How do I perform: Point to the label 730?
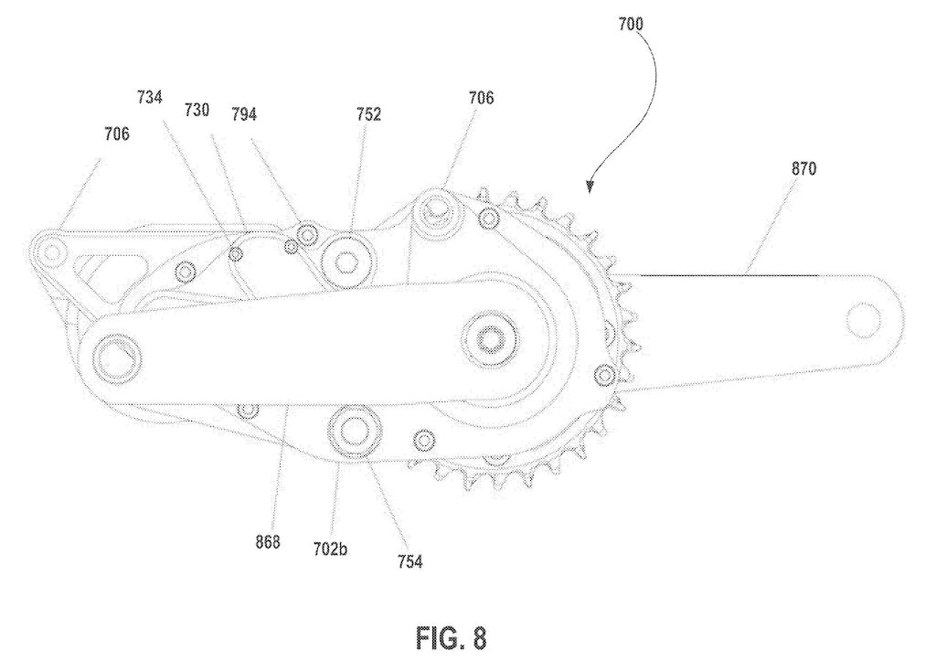197,111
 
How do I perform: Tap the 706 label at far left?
116,133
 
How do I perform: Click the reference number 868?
267,540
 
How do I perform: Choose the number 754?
409,561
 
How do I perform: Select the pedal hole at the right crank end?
865,319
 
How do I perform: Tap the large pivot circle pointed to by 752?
347,262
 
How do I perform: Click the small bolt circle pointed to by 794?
308,236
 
